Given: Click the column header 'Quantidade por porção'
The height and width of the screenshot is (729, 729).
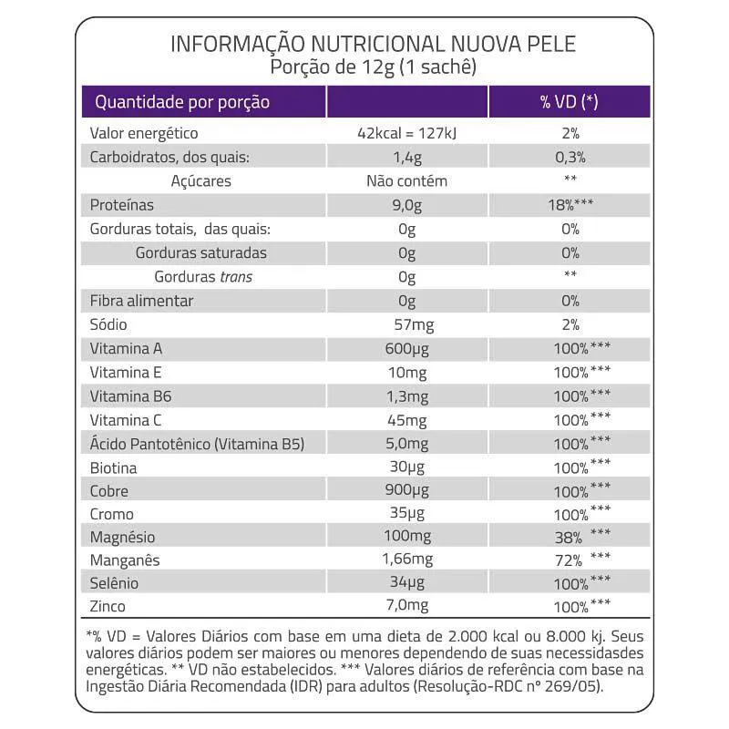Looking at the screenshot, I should [182, 101].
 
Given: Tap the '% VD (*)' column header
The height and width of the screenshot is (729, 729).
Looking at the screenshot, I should [570, 101].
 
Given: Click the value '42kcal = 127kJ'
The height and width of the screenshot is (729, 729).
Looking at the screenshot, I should [406, 133].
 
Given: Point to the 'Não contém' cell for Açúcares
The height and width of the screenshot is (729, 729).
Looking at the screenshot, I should [406, 180].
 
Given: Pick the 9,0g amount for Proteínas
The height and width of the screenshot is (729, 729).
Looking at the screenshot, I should [406, 204].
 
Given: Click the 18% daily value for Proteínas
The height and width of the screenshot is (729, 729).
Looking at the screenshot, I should [562, 204].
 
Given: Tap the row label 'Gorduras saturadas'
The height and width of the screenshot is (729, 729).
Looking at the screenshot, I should [200, 252].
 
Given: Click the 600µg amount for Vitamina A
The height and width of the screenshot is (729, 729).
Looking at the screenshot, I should [406, 348].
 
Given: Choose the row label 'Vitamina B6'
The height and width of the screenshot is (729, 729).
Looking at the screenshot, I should [130, 396].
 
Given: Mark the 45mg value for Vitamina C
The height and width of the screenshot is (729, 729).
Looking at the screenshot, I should [406, 420].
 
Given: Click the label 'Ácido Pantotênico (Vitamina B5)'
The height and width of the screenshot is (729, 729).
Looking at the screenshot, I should [196, 444].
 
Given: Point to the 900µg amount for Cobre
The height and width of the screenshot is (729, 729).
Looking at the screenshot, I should [406, 492].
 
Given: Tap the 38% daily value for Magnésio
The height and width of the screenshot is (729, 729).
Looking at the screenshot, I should [567, 538].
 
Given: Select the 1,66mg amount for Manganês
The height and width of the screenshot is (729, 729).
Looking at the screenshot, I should [406, 559].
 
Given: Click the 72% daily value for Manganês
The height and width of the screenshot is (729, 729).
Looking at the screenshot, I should [567, 560].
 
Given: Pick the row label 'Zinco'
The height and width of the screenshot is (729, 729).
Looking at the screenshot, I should [107, 606].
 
